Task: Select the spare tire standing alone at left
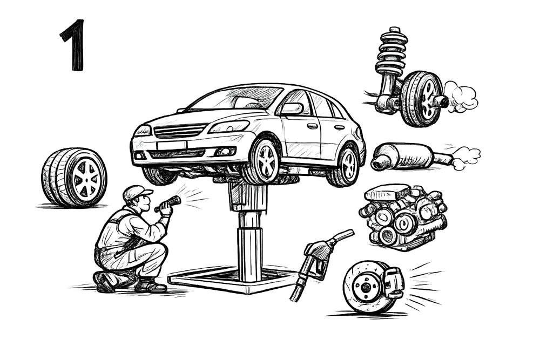click(x=73, y=177)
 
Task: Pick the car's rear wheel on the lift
click(x=347, y=165)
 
